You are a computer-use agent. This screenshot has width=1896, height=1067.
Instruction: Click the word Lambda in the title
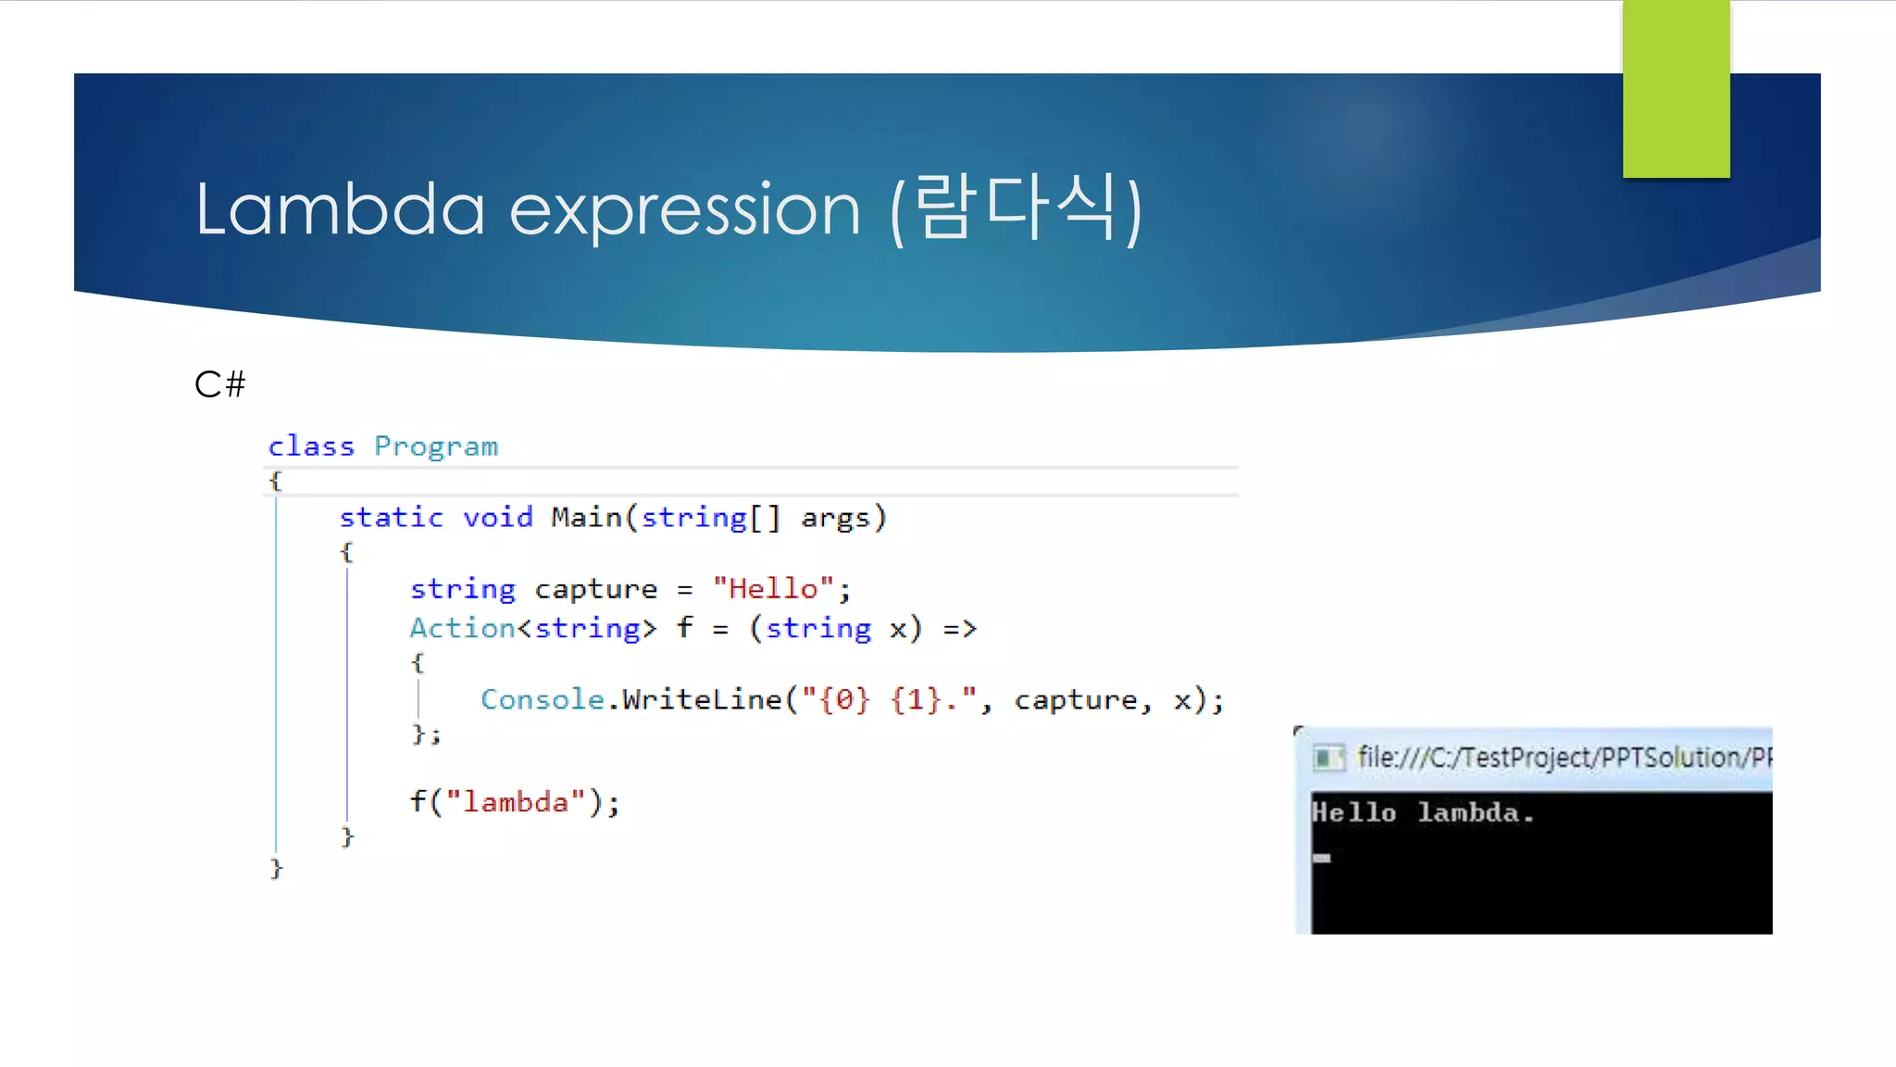[x=340, y=209]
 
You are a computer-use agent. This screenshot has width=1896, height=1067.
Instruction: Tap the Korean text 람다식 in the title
[x=1016, y=207]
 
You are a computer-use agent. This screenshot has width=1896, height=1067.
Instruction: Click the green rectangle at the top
[x=1676, y=89]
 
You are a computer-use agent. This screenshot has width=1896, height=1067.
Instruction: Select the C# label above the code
[x=220, y=384]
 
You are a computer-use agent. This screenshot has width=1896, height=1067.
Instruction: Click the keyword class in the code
[x=311, y=446]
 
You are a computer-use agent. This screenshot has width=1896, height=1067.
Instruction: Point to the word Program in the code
[x=436, y=446]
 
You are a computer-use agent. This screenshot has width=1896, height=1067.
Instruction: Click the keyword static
[x=391, y=517]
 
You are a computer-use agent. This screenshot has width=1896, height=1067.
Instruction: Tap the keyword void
[x=498, y=517]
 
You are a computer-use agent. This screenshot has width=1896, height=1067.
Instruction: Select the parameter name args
[x=835, y=518]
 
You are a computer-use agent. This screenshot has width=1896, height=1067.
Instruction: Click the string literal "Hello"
[x=773, y=588]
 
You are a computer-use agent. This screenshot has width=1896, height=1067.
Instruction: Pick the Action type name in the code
[x=462, y=628]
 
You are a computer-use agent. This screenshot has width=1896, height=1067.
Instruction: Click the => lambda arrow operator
[x=960, y=629]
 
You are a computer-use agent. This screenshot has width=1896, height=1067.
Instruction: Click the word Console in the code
[x=542, y=699]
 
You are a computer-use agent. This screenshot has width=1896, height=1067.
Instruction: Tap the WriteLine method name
[x=702, y=699]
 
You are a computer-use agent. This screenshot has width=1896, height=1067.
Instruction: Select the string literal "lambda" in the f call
[x=516, y=801]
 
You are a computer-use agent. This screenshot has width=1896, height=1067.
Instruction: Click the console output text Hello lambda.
[x=1423, y=813]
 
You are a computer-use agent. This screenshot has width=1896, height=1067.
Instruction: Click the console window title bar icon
[x=1328, y=758]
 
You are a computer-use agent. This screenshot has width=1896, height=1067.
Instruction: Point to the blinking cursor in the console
[x=1322, y=858]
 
